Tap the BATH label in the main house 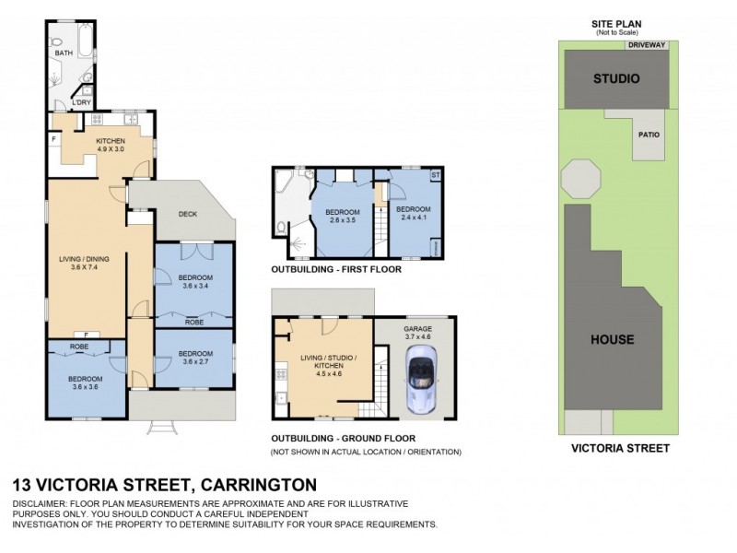coord(63,53)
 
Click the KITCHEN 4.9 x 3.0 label coord(111,145)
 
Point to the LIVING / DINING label coord(84,264)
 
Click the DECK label coord(188,214)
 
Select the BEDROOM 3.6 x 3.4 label coord(195,282)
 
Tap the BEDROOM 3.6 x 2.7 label coord(195,357)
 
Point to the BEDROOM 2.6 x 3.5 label coord(342,217)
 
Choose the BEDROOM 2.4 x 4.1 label coord(414,213)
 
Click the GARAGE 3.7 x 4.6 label coord(417,333)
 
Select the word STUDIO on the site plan coord(615,78)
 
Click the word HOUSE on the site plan coord(613,339)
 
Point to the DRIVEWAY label coord(647,44)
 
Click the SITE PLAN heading coord(615,24)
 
